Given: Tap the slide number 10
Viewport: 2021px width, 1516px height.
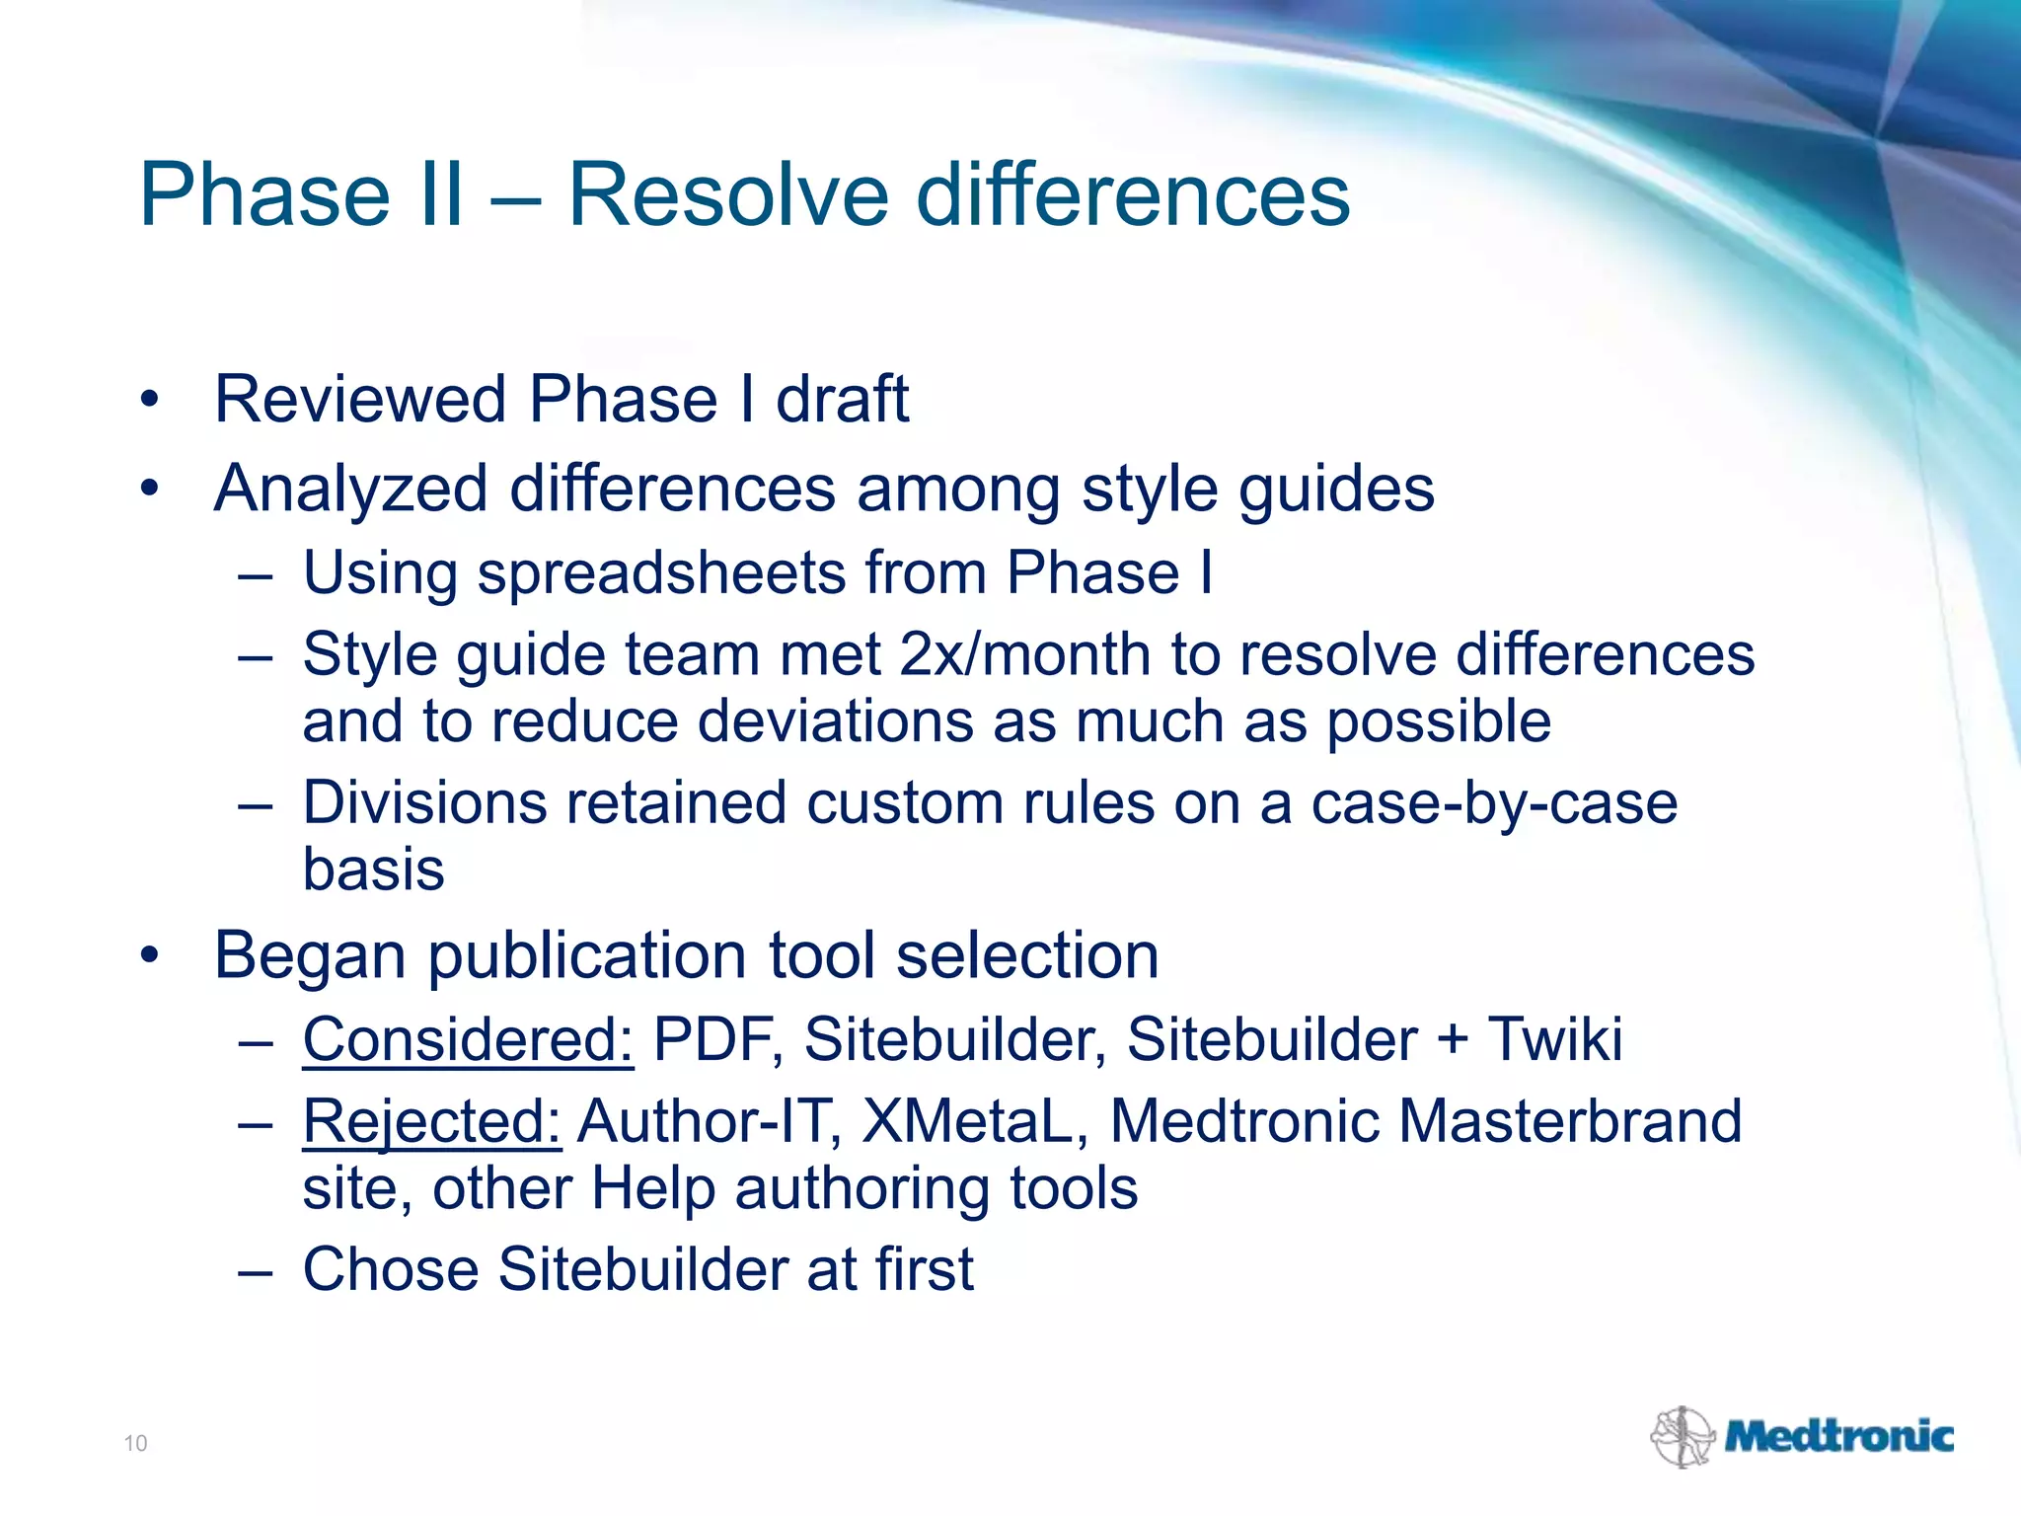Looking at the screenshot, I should coord(135,1443).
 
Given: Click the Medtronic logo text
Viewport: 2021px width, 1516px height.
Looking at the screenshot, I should coord(1839,1436).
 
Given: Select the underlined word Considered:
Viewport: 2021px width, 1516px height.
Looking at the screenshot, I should coord(468,1039).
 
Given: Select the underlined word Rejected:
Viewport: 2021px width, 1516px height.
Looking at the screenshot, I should coord(431,1122).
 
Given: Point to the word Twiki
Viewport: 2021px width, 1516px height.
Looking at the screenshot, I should coord(1554,1039).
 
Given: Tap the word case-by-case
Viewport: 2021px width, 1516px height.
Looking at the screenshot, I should coord(1494,803).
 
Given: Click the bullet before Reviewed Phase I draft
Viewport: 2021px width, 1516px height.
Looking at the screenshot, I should coord(149,400).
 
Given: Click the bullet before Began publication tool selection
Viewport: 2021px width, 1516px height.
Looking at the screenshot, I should coord(149,955).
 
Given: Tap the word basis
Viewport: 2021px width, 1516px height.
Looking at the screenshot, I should coord(373,870).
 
